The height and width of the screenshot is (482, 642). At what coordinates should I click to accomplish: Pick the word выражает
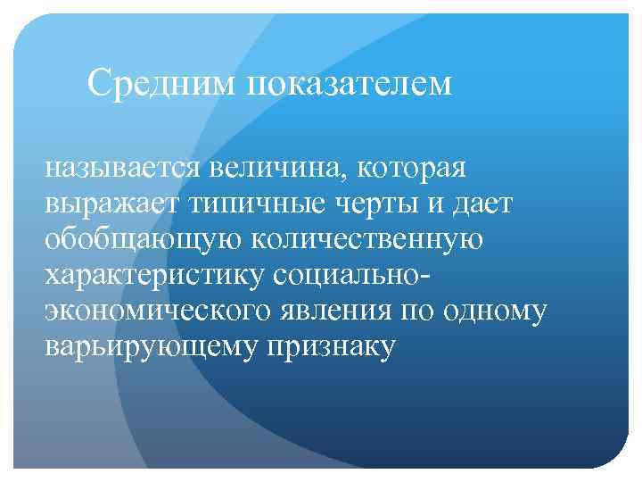click(111, 204)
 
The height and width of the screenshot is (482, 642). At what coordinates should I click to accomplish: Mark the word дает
click(481, 204)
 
